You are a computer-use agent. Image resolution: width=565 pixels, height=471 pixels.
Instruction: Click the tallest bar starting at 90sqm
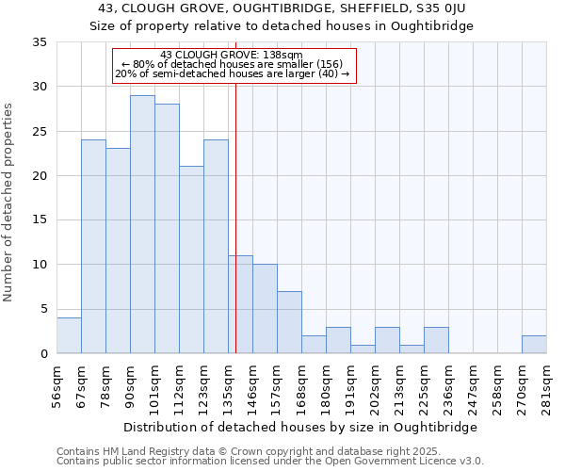142,224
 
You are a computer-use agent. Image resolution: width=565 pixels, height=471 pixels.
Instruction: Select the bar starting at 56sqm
69,335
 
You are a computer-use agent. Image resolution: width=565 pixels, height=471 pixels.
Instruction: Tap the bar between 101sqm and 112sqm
167,229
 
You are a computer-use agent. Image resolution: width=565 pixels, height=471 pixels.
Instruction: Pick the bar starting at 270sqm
534,345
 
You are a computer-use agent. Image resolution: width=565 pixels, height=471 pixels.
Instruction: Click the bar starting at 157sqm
289,322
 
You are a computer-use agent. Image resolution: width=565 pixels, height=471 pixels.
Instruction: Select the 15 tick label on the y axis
40,220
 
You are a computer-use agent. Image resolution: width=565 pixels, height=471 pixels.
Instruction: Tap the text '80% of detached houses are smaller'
235,64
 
